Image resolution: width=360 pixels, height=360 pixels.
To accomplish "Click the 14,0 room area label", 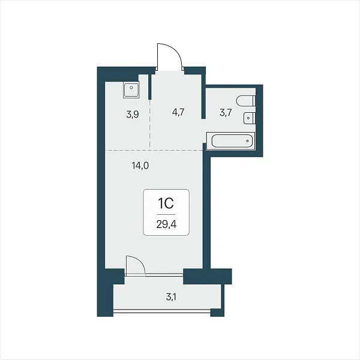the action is [140, 166].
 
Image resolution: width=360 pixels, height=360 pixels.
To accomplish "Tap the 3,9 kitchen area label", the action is [133, 114].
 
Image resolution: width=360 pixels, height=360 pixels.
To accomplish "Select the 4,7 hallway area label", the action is [178, 112].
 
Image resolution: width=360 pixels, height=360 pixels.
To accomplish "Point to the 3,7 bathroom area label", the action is [226, 113].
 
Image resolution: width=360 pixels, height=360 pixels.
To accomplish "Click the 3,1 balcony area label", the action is [171, 297].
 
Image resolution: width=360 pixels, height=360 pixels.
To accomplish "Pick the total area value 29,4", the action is [166, 224].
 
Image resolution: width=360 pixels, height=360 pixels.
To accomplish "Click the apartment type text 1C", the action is [166, 203].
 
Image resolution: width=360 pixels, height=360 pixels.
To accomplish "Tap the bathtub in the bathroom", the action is [231, 141].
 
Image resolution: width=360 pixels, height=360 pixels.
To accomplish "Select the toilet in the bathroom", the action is [246, 101].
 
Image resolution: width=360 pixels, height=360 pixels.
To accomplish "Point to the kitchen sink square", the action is [131, 90].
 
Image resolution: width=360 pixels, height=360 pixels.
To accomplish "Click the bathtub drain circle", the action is [247, 141].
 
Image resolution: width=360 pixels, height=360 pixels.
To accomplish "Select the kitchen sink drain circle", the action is [131, 88].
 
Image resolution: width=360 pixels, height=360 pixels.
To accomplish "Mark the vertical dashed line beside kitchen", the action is [149, 124].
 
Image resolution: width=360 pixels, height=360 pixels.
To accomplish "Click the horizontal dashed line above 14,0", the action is [154, 150].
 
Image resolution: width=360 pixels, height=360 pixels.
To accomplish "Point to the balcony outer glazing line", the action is [162, 311].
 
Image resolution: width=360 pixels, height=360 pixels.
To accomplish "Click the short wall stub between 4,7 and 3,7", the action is [203, 96].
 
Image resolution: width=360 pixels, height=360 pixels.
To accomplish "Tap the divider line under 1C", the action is [166, 214].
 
